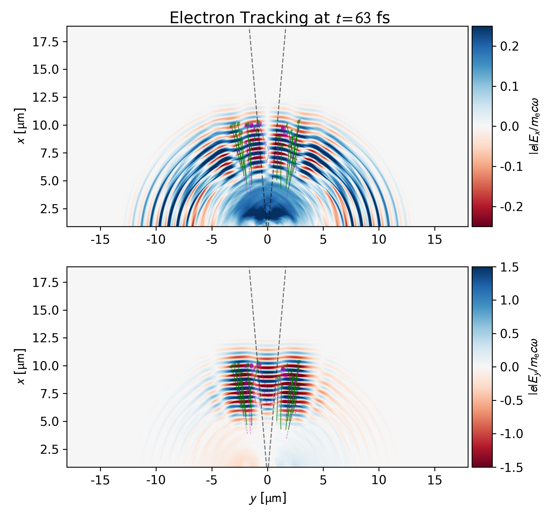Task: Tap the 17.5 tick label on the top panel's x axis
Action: [x=46, y=42]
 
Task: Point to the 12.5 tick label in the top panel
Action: [x=46, y=97]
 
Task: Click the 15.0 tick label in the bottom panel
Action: [x=46, y=310]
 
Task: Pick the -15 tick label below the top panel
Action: [x=100, y=240]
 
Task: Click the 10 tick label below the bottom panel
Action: [x=379, y=480]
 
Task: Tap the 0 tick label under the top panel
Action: [x=268, y=240]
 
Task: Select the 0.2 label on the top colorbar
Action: [x=509, y=47]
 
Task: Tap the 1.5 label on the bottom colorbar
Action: [x=509, y=267]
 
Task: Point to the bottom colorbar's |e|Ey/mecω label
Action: [x=533, y=366]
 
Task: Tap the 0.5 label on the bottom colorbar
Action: [x=509, y=334]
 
